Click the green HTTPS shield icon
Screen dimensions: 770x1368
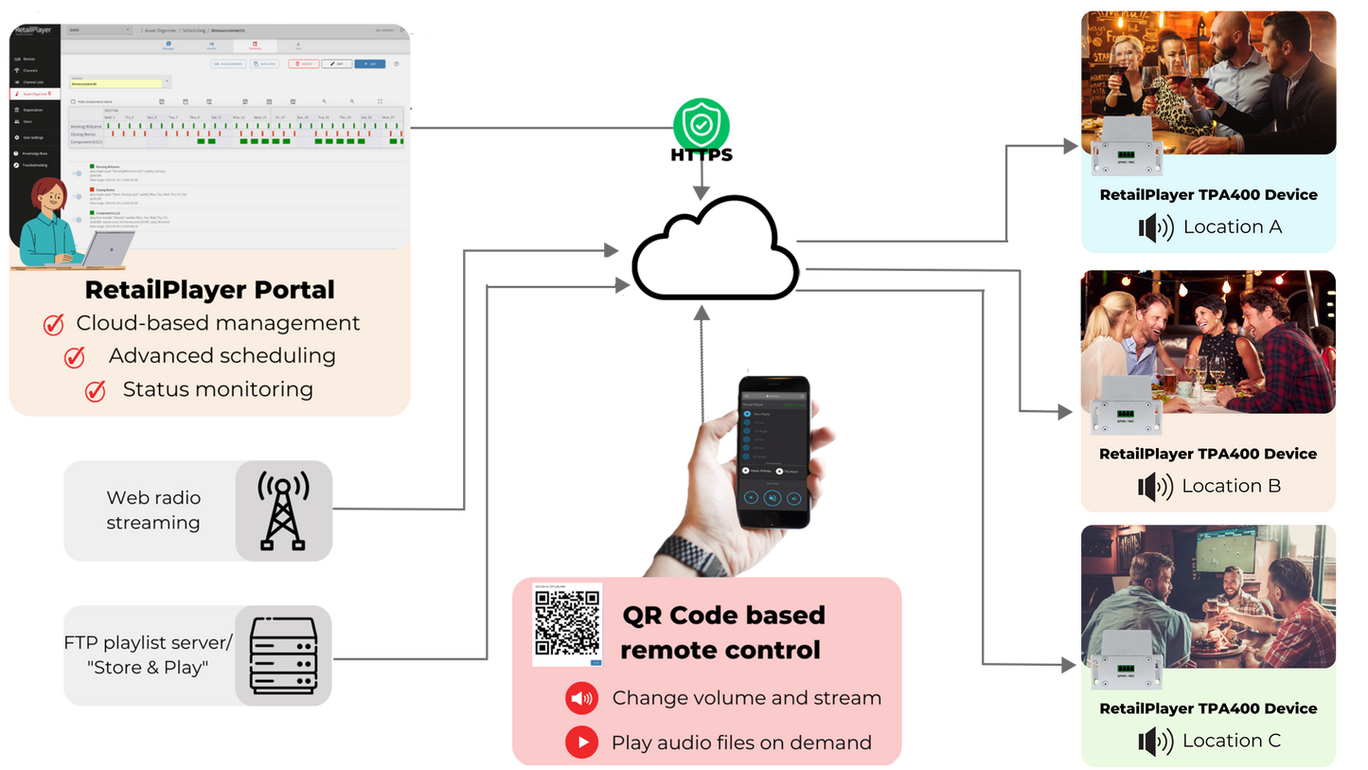pos(702,124)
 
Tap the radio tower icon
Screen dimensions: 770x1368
pos(283,511)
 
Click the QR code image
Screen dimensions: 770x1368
pos(567,623)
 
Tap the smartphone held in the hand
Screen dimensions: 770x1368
pos(773,452)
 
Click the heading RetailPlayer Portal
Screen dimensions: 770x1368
pos(209,289)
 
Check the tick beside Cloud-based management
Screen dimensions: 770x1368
pos(54,325)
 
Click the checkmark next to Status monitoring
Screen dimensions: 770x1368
pos(95,390)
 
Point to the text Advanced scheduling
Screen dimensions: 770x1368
pos(222,356)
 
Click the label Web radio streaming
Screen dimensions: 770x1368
pos(153,510)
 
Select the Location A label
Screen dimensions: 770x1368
pos(1232,227)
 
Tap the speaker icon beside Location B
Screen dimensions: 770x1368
pos(1155,487)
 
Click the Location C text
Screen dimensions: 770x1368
pos(1232,741)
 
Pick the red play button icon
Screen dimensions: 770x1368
pos(581,742)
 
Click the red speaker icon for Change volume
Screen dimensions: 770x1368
pos(581,699)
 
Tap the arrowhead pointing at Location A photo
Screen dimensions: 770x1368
pos(1069,146)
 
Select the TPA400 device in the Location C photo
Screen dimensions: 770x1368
pos(1127,660)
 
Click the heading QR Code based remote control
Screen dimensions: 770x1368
pos(722,633)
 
